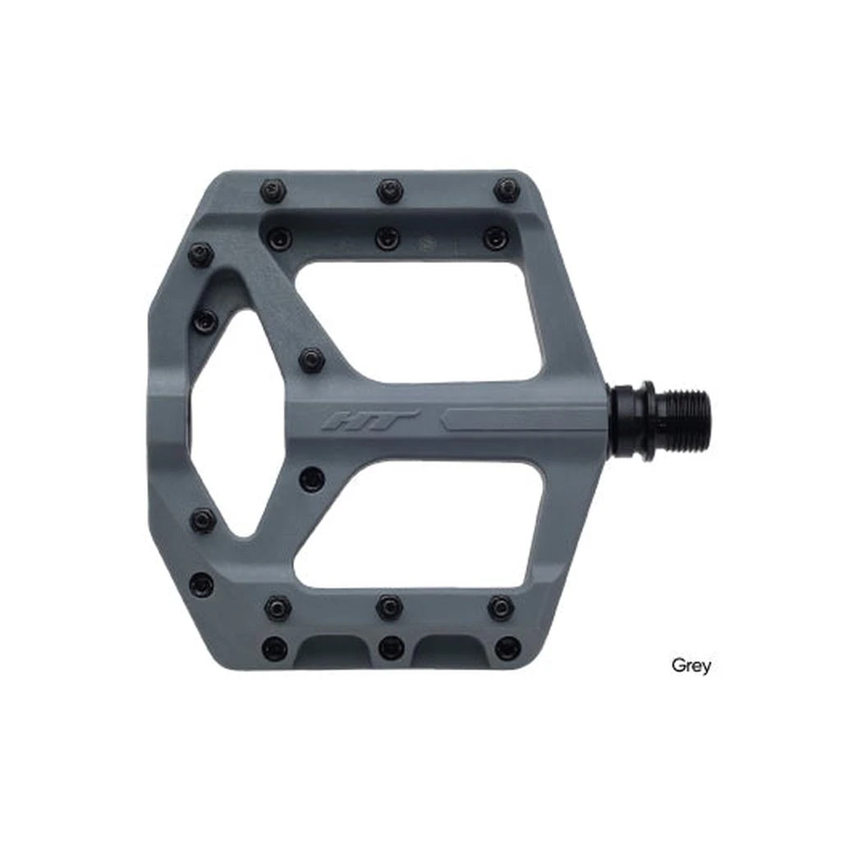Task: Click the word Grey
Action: [x=691, y=664]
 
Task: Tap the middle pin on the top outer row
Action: [x=389, y=191]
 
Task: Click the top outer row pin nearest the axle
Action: [x=506, y=191]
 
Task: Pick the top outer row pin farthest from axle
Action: [x=273, y=191]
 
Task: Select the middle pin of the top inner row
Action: [x=387, y=238]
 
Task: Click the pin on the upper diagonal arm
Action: [x=311, y=359]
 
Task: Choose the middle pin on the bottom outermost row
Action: [x=392, y=647]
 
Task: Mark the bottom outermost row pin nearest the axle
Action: [x=508, y=648]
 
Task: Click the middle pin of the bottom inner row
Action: [x=388, y=607]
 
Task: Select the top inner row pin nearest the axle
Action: [x=495, y=238]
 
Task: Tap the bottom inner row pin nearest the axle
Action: [x=500, y=608]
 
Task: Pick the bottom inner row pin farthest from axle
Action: [x=278, y=608]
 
